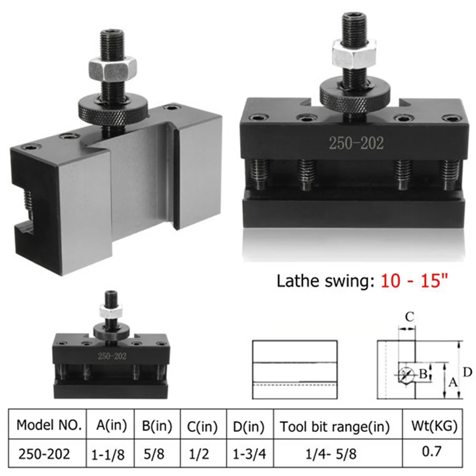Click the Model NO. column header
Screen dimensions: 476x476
coord(49,425)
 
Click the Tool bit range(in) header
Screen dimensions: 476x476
coord(335,426)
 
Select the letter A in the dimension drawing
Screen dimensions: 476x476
coord(452,384)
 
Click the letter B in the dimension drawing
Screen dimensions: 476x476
coord(424,374)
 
